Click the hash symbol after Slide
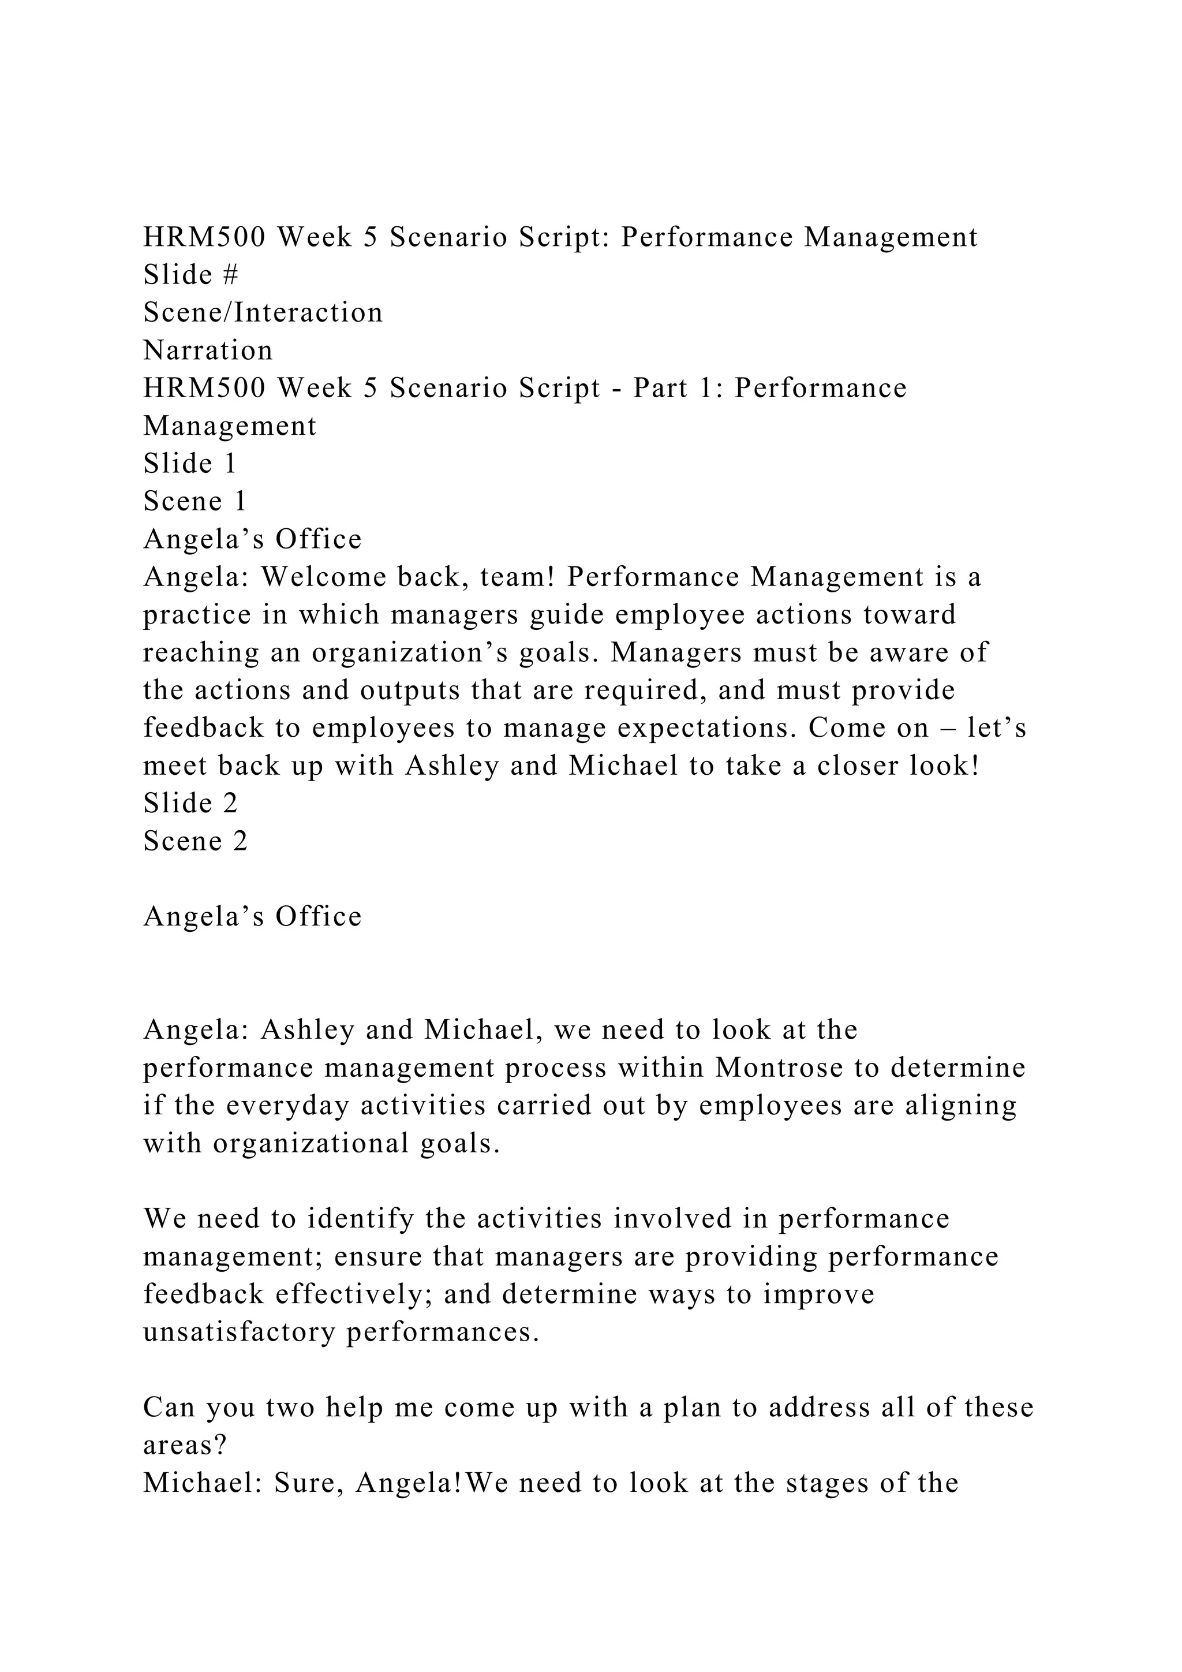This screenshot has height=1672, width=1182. [x=231, y=275]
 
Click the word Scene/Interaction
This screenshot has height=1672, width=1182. [x=263, y=313]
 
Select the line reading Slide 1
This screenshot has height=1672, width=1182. [x=190, y=464]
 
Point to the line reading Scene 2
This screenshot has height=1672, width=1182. [x=196, y=841]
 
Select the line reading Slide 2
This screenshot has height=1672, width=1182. [x=190, y=803]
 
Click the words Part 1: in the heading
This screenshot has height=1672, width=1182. [x=677, y=388]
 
